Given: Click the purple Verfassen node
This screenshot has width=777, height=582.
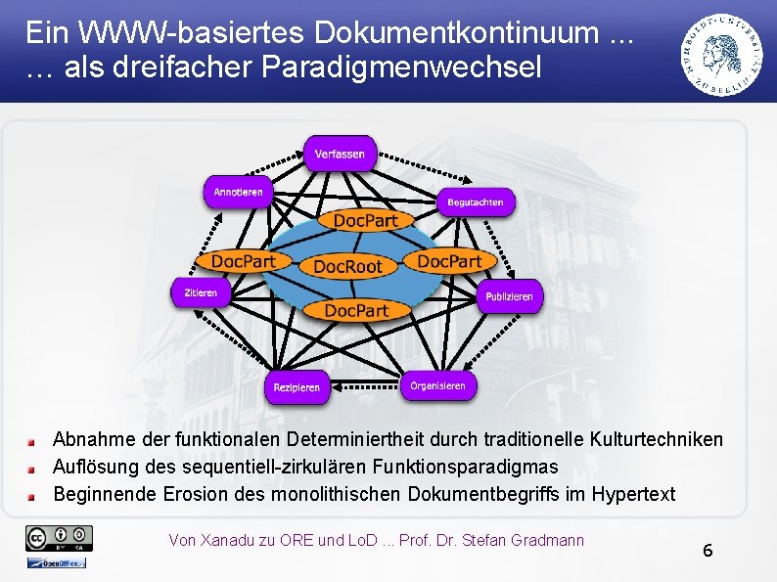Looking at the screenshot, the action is click(340, 154).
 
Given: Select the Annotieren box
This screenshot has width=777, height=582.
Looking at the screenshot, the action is click(238, 193).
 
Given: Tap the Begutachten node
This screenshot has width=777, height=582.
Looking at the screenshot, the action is click(475, 202).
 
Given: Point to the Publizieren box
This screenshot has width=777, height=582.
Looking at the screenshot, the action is click(509, 295).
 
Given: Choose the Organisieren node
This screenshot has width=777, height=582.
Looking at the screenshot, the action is click(437, 386).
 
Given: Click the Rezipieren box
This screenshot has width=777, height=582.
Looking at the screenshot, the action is click(297, 387).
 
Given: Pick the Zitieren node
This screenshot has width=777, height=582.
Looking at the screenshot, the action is click(195, 292).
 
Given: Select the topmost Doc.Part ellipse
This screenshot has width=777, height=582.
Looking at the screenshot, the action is click(365, 221).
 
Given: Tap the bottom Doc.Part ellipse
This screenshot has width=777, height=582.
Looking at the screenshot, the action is click(356, 310).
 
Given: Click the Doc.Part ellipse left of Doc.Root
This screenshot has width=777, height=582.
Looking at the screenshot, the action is click(244, 261).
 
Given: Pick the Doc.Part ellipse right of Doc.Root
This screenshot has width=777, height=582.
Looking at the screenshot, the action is click(449, 261).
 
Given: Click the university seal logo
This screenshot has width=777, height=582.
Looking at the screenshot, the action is click(723, 54).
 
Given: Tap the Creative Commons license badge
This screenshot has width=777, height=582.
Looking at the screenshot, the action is click(60, 537).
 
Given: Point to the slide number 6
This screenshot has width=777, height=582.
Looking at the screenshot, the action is click(708, 550).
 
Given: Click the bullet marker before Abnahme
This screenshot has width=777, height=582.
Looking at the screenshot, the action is click(32, 441).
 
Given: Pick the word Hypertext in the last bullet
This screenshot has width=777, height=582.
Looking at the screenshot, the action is click(633, 494).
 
